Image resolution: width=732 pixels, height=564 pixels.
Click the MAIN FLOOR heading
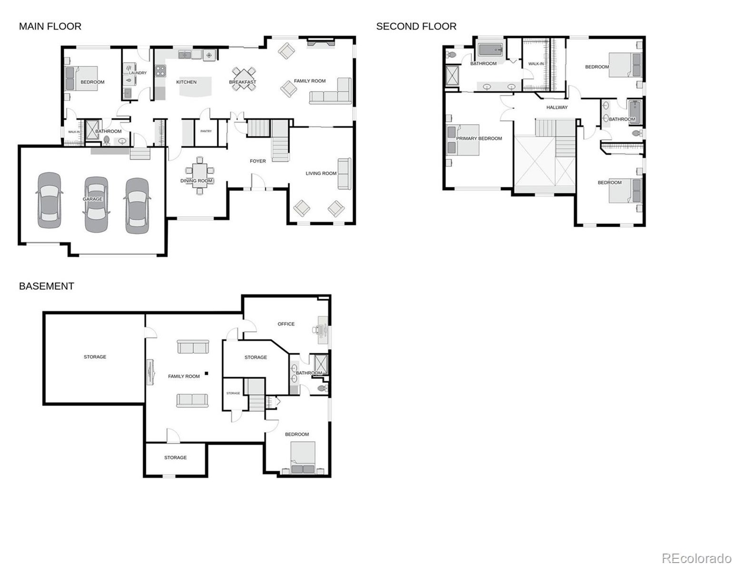(50, 26)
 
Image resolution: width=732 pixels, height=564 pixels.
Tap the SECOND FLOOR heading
(416, 26)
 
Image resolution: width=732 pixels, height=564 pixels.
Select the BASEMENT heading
(46, 286)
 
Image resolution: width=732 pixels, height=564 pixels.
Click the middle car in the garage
(96, 204)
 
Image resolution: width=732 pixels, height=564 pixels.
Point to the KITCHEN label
(186, 82)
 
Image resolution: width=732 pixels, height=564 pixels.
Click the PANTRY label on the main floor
(206, 131)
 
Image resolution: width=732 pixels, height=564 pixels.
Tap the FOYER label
(258, 161)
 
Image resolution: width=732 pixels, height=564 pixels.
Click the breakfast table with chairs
(243, 78)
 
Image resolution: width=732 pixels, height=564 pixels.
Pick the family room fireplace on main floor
(321, 43)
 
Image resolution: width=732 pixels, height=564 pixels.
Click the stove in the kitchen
(160, 71)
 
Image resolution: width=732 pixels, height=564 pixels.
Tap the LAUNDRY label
(138, 73)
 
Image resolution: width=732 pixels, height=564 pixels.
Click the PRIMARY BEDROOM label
(479, 138)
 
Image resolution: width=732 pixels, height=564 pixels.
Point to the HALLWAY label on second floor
(556, 107)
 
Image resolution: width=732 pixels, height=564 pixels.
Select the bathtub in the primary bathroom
(490, 49)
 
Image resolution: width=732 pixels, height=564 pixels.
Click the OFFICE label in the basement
(286, 324)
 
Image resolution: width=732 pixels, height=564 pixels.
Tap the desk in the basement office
(322, 329)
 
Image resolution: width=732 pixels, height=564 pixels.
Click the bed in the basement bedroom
(303, 457)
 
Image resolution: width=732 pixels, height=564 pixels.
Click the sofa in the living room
(344, 173)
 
